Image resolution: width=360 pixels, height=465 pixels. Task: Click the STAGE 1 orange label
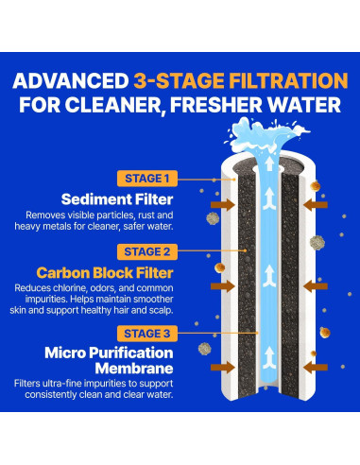tap(147, 179)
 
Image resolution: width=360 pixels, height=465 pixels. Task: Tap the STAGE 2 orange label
tap(147, 251)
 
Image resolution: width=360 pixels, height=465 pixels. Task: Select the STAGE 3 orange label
tap(147, 334)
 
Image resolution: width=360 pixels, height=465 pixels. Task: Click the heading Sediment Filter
tap(117, 199)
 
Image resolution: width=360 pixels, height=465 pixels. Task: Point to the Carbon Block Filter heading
tap(105, 273)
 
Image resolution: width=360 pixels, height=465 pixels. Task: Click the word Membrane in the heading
tap(134, 369)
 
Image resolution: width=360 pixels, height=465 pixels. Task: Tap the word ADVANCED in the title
tap(71, 81)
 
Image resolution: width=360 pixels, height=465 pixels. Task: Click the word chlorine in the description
tap(70, 288)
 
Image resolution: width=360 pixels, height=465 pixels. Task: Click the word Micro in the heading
tap(65, 353)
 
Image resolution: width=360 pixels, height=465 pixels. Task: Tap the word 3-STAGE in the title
tap(180, 81)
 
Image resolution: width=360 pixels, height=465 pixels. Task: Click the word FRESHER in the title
tap(216, 105)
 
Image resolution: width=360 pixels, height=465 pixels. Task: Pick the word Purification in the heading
tap(131, 353)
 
